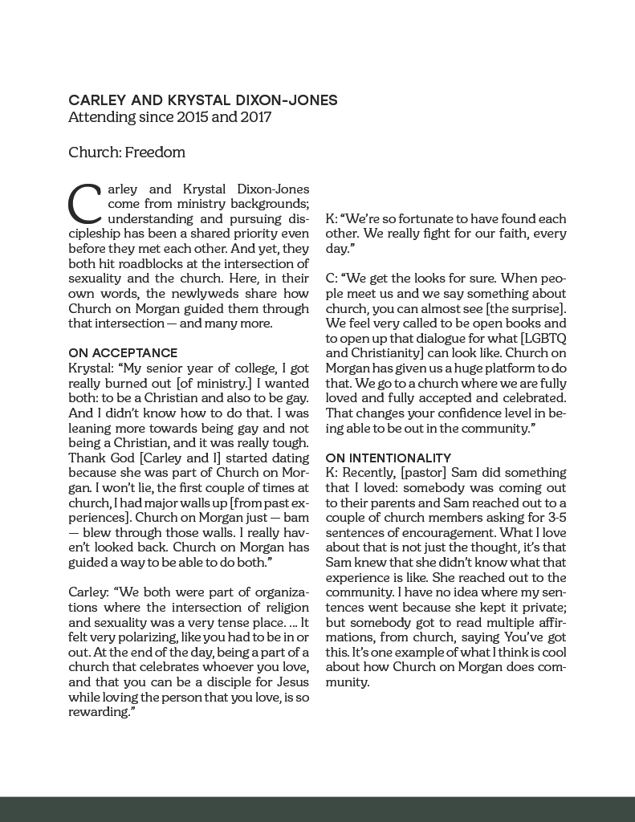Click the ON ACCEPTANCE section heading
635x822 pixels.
tap(123, 352)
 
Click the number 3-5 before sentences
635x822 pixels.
tap(555, 518)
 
